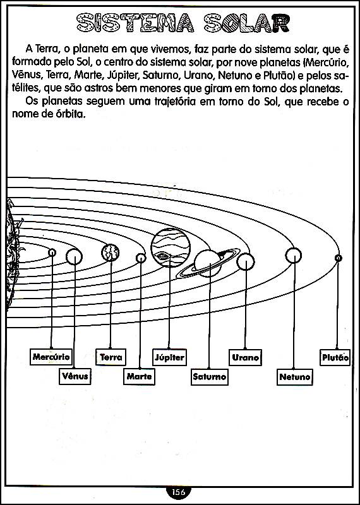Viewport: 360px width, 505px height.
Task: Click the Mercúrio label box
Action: [x=51, y=357]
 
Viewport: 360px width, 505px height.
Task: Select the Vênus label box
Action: [x=75, y=376]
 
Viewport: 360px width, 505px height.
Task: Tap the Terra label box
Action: [x=111, y=357]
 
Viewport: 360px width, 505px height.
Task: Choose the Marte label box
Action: [x=139, y=376]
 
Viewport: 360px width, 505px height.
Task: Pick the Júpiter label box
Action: [x=169, y=357]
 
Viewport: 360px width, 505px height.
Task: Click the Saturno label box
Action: [x=210, y=377]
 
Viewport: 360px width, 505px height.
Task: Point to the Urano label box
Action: [x=245, y=357]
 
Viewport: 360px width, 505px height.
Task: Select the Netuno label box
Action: [x=295, y=377]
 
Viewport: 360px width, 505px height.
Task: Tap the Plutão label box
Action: [x=335, y=357]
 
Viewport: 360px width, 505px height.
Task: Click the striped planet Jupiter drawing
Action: [x=171, y=247]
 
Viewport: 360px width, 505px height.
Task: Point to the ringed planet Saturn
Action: [x=209, y=263]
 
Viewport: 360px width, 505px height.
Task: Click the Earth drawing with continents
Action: [x=111, y=252]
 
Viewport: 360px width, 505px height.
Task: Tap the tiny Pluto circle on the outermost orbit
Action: [x=338, y=258]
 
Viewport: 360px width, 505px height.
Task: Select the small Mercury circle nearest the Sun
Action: [x=52, y=252]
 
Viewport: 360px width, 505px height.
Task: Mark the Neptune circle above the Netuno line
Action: [x=293, y=256]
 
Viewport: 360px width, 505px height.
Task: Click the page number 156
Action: [x=179, y=492]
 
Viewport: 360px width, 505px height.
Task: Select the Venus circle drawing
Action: [x=74, y=257]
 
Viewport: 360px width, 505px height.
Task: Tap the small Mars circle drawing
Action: [x=141, y=258]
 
